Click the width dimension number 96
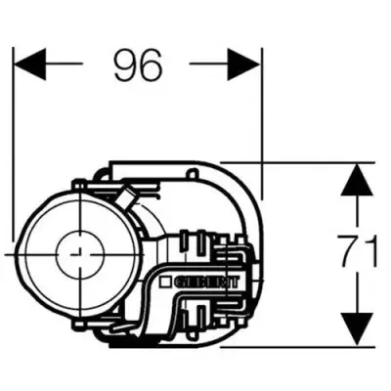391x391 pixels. pos(136,65)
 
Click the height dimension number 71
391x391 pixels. pos(360,252)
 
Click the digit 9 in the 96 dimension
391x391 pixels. pos(123,65)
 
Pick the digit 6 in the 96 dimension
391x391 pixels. pos(150,65)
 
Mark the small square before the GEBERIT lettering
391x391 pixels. pos(168,282)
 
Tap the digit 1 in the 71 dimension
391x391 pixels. pos(372,252)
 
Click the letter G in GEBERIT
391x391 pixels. pos(180,282)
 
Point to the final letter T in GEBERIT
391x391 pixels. pos(234,282)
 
